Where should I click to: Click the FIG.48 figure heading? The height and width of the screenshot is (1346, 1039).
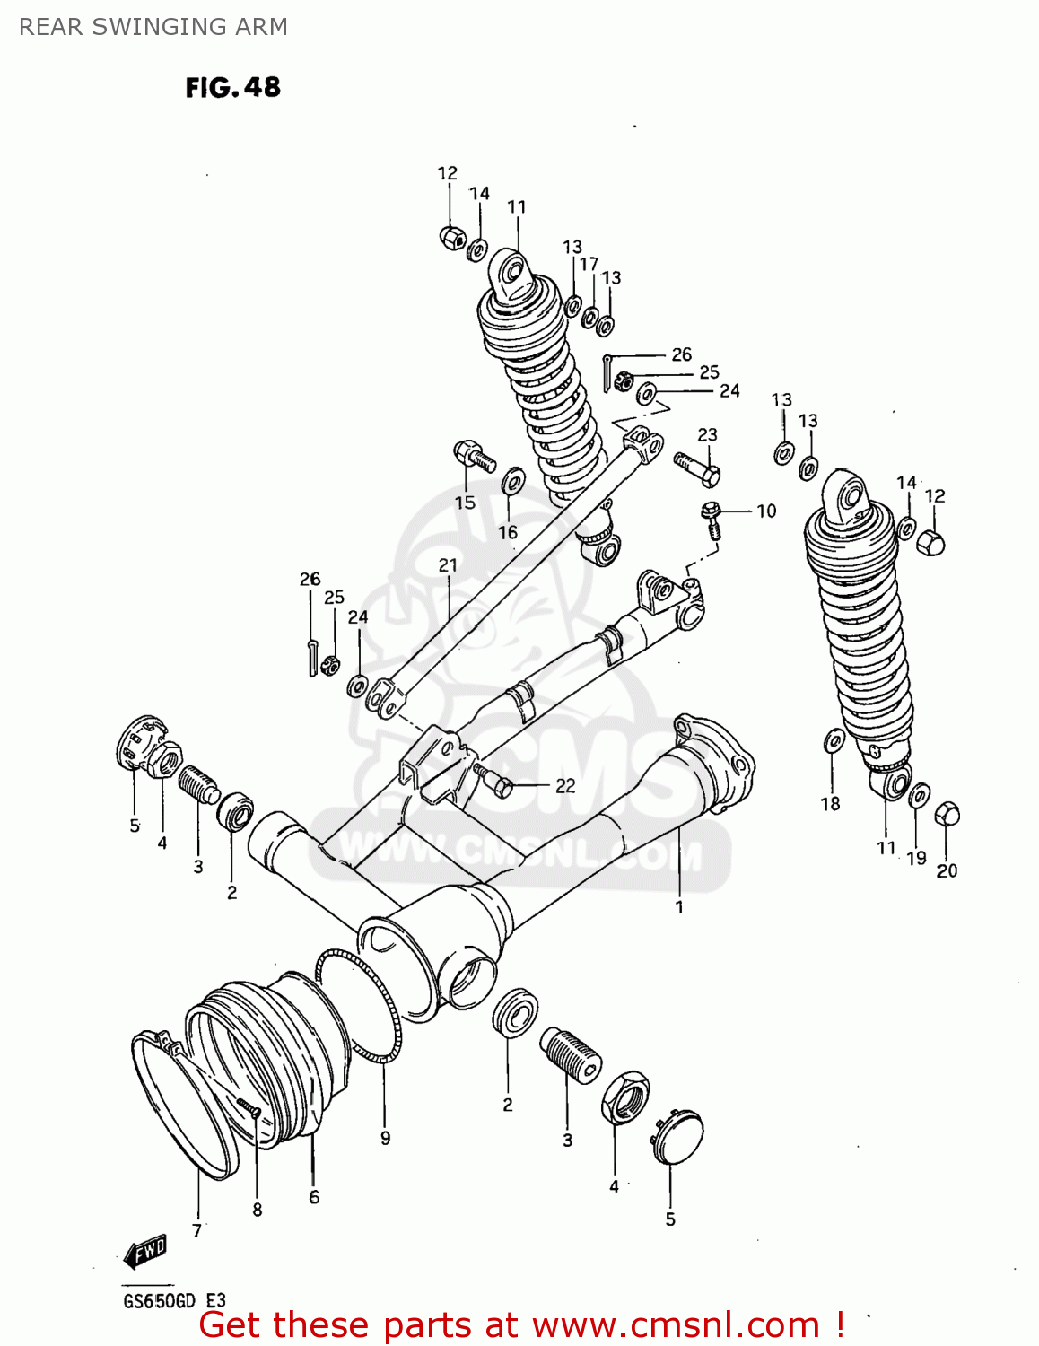click(232, 87)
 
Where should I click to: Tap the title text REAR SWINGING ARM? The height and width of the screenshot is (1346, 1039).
click(153, 27)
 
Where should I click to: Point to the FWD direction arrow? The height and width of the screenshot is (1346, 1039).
click(145, 1251)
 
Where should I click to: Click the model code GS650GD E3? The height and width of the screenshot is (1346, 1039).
click(174, 1301)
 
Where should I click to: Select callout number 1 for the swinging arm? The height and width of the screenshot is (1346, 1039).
click(679, 906)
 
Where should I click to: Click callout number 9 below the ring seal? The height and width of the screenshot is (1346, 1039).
click(385, 1138)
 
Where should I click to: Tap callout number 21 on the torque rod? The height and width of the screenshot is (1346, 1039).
click(448, 565)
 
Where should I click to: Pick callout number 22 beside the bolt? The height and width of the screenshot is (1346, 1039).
click(565, 785)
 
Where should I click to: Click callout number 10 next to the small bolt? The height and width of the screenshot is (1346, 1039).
click(766, 511)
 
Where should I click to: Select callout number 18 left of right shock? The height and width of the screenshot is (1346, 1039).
click(830, 804)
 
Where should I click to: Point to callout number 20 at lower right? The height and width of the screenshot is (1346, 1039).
click(947, 870)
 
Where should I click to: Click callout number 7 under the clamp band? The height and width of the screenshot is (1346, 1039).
click(197, 1230)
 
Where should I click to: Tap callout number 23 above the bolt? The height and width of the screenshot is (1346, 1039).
click(708, 434)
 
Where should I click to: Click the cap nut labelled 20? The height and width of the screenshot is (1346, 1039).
click(947, 815)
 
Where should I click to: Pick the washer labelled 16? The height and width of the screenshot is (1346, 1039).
click(513, 480)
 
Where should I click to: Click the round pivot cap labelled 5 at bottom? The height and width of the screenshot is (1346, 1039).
click(677, 1139)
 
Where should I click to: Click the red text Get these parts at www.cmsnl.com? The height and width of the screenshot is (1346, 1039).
click(520, 1325)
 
